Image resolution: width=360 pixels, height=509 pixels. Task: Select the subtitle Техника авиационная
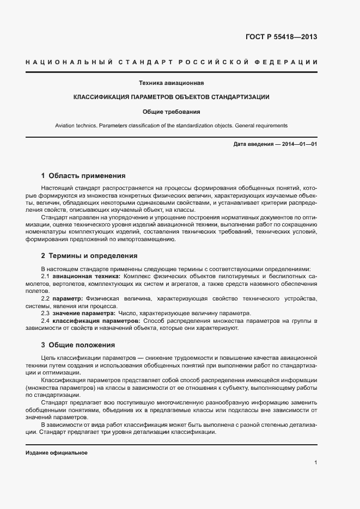click(171, 83)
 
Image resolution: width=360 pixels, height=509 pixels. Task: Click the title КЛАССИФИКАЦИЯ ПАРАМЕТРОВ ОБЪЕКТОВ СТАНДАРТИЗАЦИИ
click(172, 97)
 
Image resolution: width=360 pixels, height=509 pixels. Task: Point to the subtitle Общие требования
click(172, 112)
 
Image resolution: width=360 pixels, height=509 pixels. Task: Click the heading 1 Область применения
click(83, 176)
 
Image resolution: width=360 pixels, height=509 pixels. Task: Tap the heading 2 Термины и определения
click(89, 255)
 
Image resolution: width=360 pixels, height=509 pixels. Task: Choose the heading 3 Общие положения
click(78, 345)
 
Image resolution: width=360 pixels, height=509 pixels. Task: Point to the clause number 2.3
click(45, 314)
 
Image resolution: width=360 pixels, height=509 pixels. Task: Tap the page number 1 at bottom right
click(315, 463)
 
